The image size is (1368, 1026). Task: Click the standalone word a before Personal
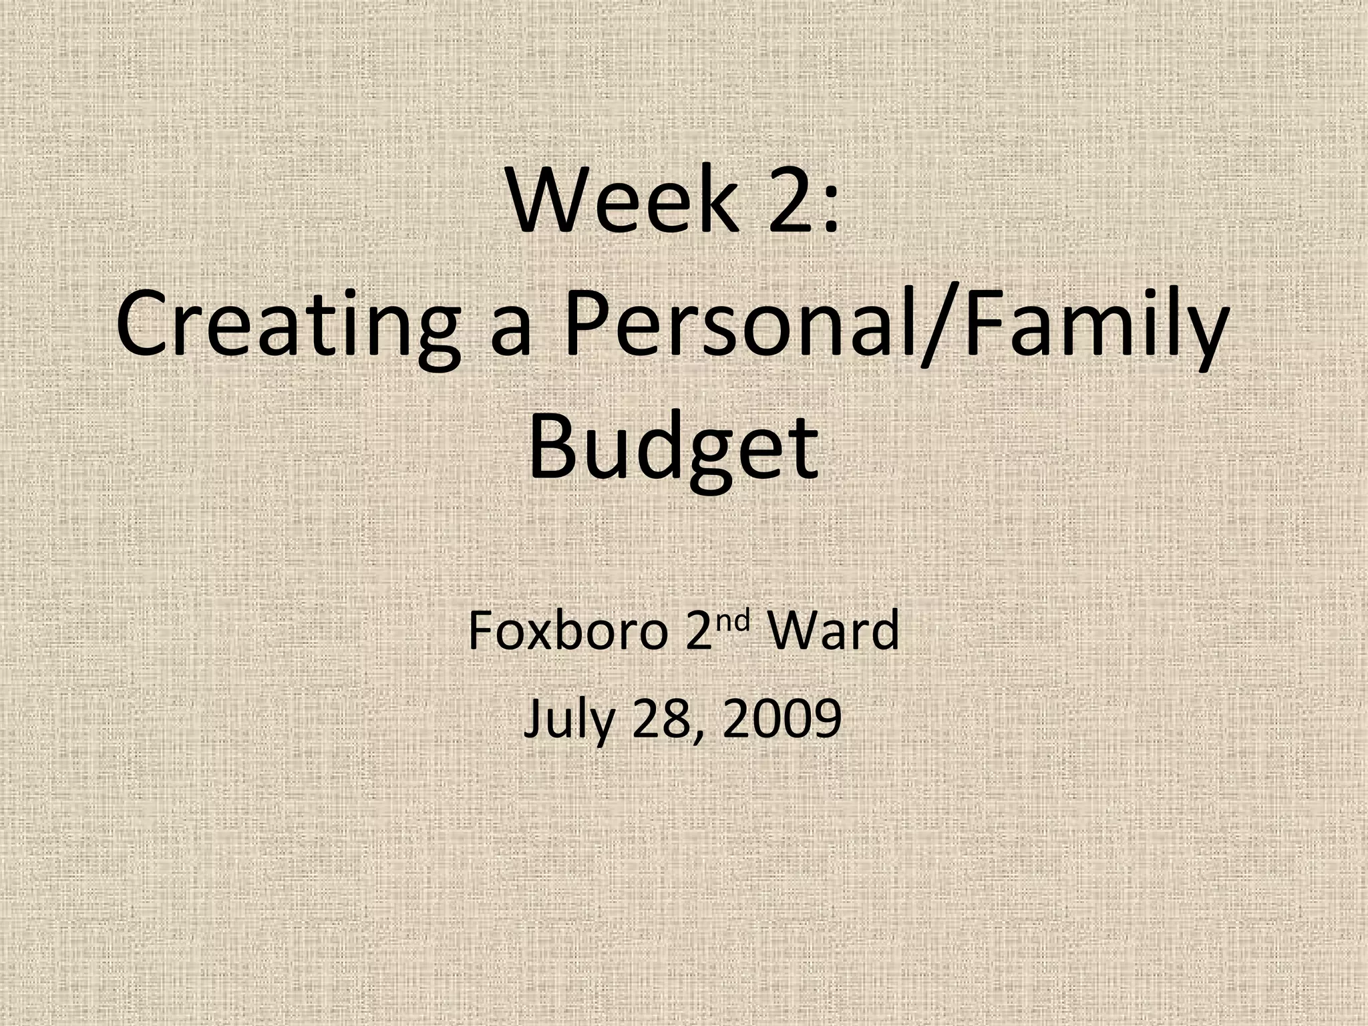click(x=512, y=334)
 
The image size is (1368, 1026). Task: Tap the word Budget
click(x=673, y=446)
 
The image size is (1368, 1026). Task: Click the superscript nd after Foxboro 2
click(x=736, y=621)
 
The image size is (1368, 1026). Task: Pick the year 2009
click(x=781, y=719)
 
